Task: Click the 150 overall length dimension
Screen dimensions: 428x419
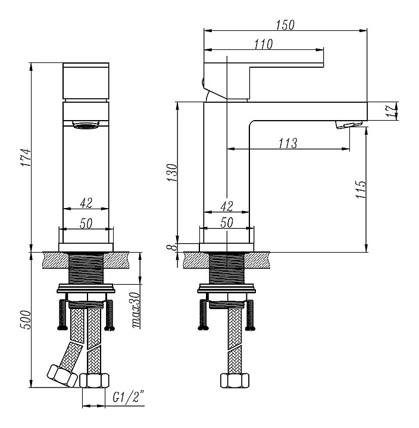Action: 286,24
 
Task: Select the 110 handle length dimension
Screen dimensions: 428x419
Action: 263,44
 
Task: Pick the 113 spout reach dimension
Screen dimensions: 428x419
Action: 287,143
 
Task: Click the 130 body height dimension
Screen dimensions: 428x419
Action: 171,172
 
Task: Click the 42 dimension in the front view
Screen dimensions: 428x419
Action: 86,203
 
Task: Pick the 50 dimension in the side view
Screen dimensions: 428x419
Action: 226,222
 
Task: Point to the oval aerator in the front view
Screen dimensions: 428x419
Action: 86,125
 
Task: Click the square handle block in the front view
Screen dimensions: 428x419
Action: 86,81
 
